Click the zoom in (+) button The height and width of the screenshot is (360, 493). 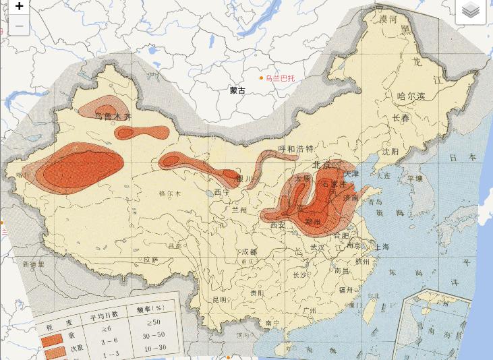[x=19, y=7]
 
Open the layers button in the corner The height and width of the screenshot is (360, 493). [x=471, y=10]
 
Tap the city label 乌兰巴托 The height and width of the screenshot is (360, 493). [x=280, y=78]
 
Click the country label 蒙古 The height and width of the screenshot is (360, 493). [x=237, y=90]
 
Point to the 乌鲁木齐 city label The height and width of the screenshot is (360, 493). [x=113, y=117]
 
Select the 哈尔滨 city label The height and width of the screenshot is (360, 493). [x=411, y=96]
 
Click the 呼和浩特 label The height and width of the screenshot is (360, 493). [x=296, y=149]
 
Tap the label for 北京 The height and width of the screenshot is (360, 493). [x=322, y=165]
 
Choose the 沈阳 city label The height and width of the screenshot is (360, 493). [x=391, y=152]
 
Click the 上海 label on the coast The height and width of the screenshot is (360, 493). [x=381, y=247]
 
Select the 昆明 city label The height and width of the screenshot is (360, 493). [x=219, y=299]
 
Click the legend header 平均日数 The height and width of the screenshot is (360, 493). [x=105, y=313]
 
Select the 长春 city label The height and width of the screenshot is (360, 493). [x=401, y=119]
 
